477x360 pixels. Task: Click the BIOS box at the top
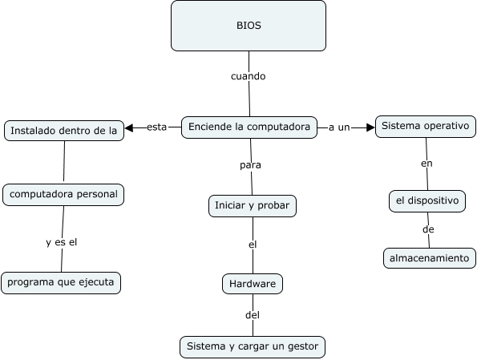coord(249,26)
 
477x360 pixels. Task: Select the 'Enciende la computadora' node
coord(249,127)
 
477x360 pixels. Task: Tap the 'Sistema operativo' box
coord(426,127)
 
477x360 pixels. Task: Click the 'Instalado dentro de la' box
coord(64,131)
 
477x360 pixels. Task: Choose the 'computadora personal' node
coord(63,194)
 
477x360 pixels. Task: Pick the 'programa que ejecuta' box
coord(61,282)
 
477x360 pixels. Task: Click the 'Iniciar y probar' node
coord(253,205)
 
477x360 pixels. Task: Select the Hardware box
coord(253,284)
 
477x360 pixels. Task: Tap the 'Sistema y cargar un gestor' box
coord(253,346)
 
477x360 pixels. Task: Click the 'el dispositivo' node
coord(427,201)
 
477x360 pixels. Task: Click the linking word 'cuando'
coord(248,77)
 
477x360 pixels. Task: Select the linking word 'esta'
coord(157,127)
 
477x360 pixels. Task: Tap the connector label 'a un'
coord(339,127)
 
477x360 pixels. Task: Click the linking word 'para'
coord(251,165)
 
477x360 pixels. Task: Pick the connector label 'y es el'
coord(61,241)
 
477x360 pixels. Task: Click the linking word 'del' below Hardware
coord(253,315)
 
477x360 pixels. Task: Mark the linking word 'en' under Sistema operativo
coord(426,164)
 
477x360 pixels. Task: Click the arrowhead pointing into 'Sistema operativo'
coord(370,127)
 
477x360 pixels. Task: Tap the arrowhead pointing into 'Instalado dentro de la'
coord(130,127)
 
